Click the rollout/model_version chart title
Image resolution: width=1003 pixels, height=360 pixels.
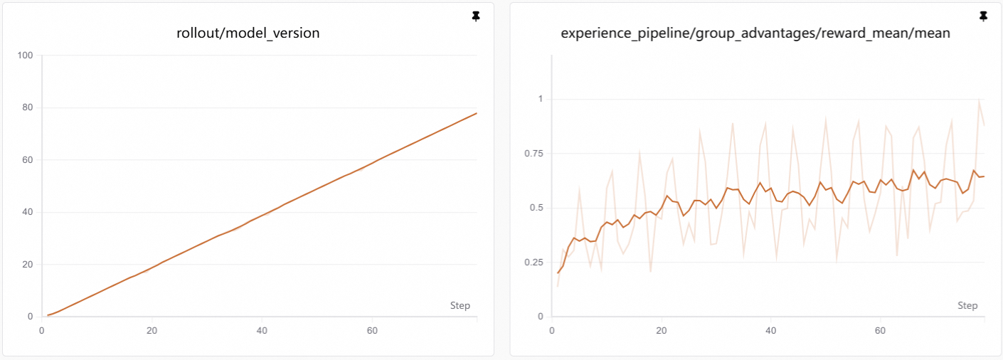tap(248, 33)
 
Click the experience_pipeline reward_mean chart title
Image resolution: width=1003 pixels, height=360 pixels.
tap(755, 33)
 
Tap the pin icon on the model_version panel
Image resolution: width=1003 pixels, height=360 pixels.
tap(477, 16)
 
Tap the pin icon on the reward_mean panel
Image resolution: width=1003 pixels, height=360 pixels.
tap(984, 16)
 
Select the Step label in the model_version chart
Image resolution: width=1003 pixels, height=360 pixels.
tap(460, 305)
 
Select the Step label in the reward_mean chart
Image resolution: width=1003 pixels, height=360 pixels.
tap(967, 305)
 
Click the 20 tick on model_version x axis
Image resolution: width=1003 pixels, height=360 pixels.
tap(152, 330)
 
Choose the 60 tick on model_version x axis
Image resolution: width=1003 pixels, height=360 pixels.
tap(372, 330)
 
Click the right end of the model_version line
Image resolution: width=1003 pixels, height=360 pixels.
tap(476, 113)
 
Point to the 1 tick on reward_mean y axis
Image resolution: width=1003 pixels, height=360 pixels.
tap(540, 99)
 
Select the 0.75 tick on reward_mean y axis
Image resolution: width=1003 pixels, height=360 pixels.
tap(533, 153)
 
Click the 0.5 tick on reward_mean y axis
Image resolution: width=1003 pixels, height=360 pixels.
tap(536, 208)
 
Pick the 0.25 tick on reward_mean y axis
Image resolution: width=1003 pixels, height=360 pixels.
tap(533, 262)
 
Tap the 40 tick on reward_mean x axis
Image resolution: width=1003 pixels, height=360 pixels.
tap(770, 330)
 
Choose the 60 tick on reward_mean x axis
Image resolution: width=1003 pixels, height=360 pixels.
tap(880, 330)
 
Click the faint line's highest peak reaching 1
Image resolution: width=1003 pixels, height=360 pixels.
tap(979, 100)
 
